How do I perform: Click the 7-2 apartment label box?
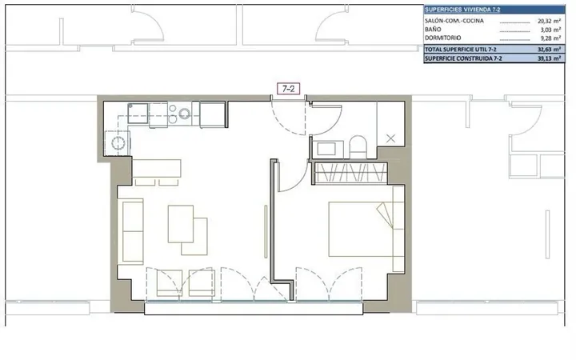pos(288,89)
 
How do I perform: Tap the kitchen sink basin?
pos(138,113)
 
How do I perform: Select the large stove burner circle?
pos(185,114)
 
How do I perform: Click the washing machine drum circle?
pos(118,143)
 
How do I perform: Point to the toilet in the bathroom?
pos(358,147)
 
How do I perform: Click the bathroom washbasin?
pos(326,149)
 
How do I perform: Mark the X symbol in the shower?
pos(391,138)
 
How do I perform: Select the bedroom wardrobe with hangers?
pos(351,173)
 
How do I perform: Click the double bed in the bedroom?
pos(361,229)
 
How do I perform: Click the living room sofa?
pos(130,231)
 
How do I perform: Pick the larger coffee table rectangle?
pos(181,224)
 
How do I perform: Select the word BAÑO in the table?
pos(433,30)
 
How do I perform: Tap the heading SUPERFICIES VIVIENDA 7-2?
pos(462,10)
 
